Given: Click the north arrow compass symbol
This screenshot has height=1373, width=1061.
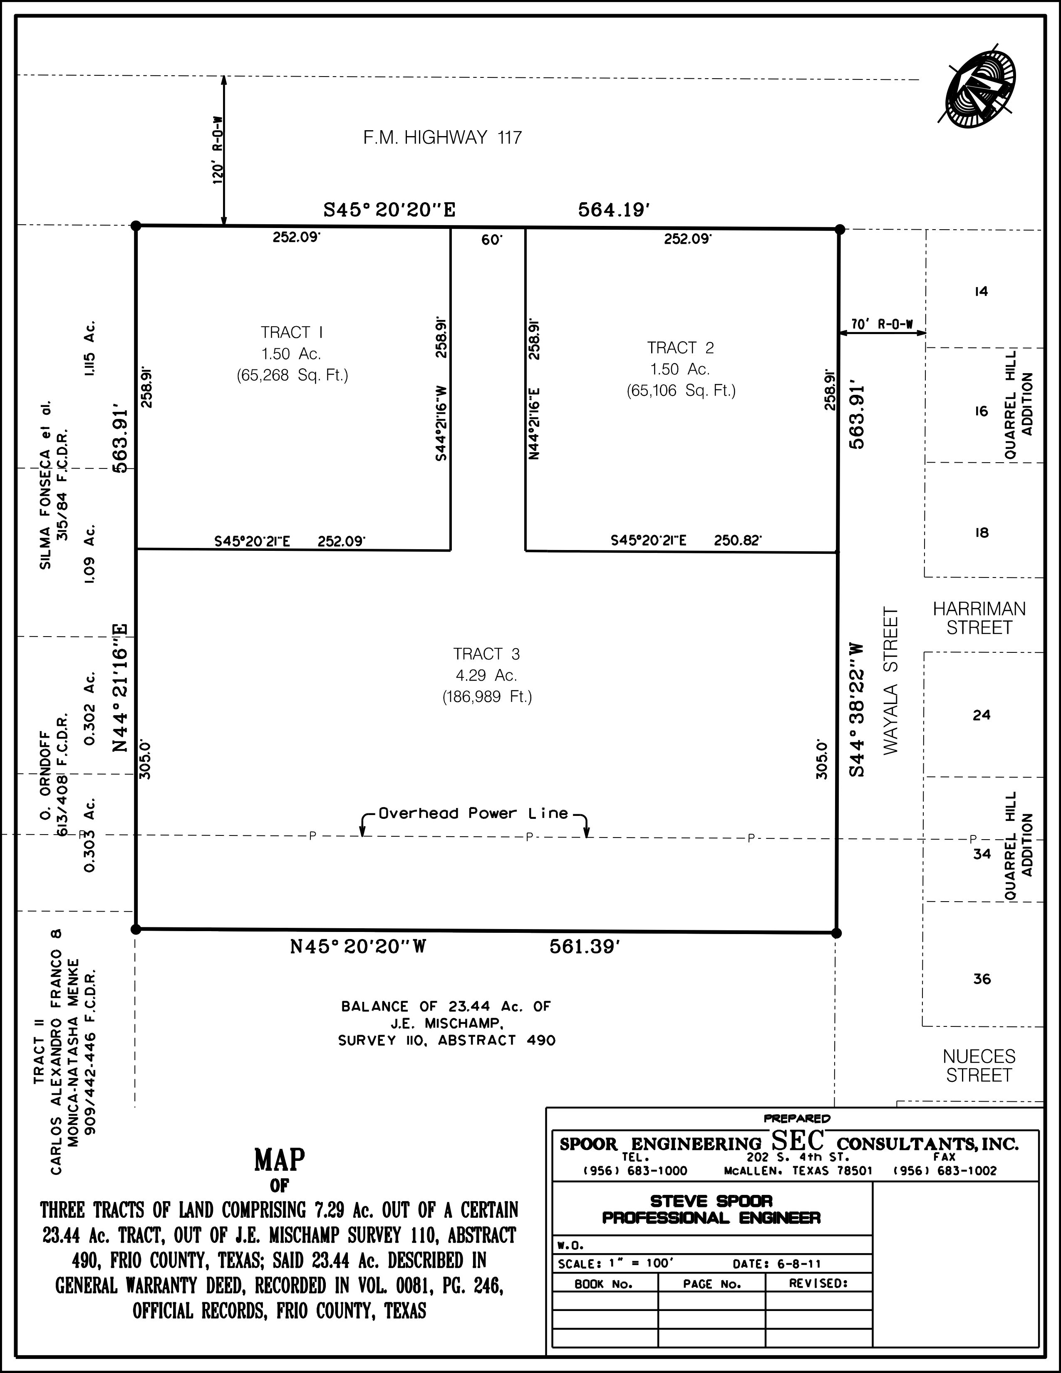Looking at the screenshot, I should (x=981, y=90).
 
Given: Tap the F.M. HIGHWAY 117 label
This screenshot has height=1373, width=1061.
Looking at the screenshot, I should (x=443, y=138).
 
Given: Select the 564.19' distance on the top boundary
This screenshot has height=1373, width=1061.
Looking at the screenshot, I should (x=613, y=210).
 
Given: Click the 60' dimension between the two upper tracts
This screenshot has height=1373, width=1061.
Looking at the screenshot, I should (x=492, y=240).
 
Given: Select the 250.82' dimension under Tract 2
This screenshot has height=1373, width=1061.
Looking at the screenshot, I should (x=738, y=540).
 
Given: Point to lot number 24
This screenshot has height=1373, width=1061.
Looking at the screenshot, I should (x=981, y=715).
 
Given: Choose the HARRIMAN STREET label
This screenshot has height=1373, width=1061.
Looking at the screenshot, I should (x=979, y=618).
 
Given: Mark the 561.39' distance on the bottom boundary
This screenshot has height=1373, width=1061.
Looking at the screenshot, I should (x=585, y=947).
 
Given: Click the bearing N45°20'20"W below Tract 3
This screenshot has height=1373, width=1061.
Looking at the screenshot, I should (x=358, y=947).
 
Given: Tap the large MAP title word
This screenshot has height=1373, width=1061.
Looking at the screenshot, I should (x=280, y=1160).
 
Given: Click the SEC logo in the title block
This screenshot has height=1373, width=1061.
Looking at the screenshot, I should (x=798, y=1140).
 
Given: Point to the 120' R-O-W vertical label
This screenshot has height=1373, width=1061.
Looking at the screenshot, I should (x=218, y=150).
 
